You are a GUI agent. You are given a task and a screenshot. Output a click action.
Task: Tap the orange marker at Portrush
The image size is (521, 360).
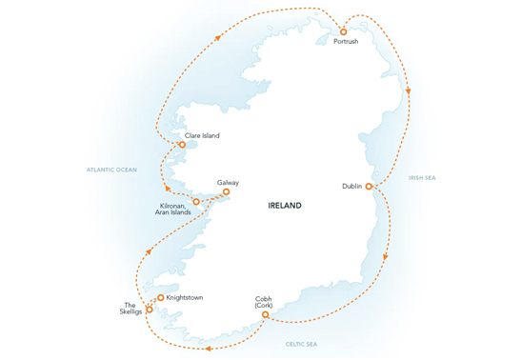tap(344, 31)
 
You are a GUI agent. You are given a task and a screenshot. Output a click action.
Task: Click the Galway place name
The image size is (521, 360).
tap(228, 182)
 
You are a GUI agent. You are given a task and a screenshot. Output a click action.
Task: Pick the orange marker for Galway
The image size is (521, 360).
tap(226, 192)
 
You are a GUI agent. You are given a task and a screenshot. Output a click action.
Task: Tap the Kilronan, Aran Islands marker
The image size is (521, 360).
tap(196, 202)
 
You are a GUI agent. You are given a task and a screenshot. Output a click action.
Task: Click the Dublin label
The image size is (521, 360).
tap(351, 187)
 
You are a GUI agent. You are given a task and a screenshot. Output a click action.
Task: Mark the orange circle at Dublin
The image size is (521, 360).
tap(370, 187)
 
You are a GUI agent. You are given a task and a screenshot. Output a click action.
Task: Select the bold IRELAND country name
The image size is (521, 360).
tap(285, 205)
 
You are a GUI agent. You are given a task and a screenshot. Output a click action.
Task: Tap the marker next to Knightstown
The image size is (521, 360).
tap(161, 298)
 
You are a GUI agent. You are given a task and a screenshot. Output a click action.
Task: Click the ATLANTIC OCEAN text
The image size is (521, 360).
tap(111, 170)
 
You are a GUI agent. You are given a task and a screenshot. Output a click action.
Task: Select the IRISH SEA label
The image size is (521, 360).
tap(422, 177)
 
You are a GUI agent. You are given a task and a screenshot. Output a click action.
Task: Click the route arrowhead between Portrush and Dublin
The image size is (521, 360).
tap(409, 92)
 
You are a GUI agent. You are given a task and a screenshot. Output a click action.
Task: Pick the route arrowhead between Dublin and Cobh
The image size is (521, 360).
tap(386, 257)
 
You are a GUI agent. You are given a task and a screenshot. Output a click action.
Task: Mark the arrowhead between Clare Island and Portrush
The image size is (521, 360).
tap(218, 36)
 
